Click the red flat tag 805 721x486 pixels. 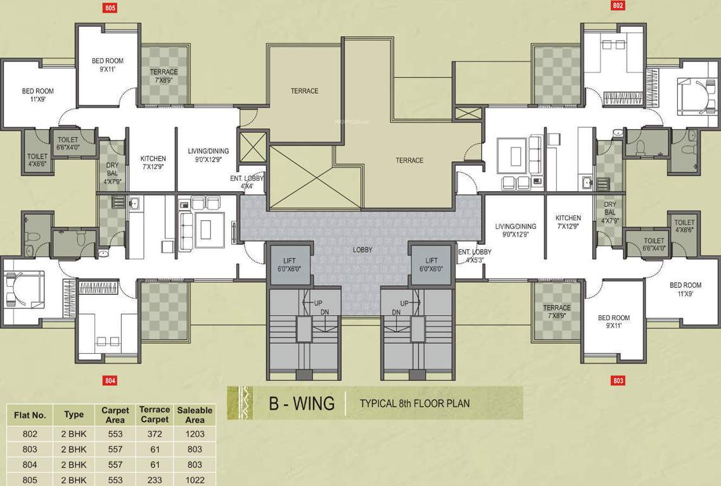(110, 8)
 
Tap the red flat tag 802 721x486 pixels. (618, 6)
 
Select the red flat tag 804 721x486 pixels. (110, 380)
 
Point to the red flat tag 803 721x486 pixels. (618, 380)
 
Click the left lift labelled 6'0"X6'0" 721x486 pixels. (289, 264)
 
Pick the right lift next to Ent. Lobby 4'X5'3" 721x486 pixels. (431, 264)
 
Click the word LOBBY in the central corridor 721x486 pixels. (362, 250)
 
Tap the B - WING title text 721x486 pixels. (302, 403)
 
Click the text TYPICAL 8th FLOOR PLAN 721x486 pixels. (414, 403)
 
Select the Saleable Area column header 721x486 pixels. (195, 415)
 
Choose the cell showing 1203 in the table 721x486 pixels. (195, 434)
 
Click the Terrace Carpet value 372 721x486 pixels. (155, 434)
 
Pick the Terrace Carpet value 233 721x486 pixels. (155, 480)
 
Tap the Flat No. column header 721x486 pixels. (30, 415)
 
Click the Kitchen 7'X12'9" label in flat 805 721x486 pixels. (153, 163)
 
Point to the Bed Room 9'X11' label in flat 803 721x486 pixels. (614, 321)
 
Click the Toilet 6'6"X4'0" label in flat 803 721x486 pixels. (654, 244)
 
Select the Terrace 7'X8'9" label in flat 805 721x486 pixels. (163, 76)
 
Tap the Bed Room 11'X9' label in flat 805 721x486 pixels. (38, 95)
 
